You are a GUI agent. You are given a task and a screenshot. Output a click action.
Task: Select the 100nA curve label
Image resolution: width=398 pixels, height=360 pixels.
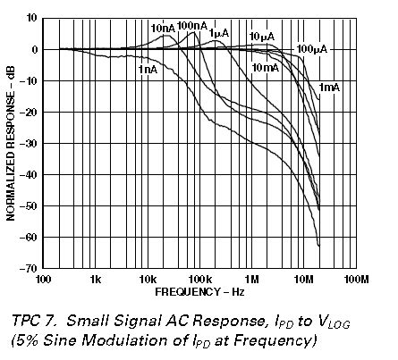[x=191, y=25]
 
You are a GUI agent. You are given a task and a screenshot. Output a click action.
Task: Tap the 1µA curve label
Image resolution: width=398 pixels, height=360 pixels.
[x=219, y=33]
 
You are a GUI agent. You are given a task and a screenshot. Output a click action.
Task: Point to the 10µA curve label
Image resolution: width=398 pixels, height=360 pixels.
[x=261, y=36]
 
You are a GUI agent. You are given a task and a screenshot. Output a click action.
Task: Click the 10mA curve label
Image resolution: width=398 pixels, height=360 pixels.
[x=266, y=67]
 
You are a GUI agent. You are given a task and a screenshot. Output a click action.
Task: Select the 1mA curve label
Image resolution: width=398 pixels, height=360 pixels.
[x=330, y=87]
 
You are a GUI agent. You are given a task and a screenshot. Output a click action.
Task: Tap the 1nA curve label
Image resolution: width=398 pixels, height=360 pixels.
[x=148, y=69]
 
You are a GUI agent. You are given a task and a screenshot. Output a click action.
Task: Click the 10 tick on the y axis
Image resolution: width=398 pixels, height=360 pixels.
[x=30, y=18]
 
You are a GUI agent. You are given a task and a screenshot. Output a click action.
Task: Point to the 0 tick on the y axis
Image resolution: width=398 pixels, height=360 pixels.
[x=33, y=49]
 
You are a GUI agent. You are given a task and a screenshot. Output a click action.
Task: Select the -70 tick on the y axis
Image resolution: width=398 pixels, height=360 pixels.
[x=29, y=268]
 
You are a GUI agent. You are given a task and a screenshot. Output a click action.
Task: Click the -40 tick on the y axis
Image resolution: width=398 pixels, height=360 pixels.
[x=29, y=174]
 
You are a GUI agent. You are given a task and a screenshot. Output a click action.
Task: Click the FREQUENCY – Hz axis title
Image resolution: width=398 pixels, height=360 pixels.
[x=199, y=292]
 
